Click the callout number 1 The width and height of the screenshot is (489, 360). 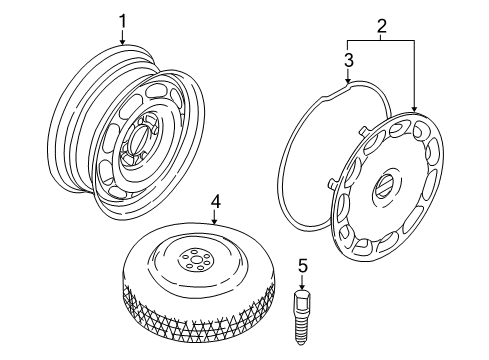[x=123, y=21]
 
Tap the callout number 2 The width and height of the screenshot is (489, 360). [x=382, y=26]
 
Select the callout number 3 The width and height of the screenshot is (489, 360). [x=348, y=60]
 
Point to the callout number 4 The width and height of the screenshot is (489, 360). [x=215, y=202]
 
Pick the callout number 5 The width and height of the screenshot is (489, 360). [x=302, y=266]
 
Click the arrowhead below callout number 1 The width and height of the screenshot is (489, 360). [x=122, y=42]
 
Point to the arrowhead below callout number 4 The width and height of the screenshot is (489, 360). [x=215, y=221]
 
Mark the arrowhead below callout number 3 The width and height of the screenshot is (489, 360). [x=348, y=80]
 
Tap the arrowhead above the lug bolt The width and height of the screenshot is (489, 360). [x=302, y=287]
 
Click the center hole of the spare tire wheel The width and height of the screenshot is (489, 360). [x=195, y=260]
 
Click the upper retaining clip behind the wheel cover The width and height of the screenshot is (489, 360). [x=366, y=130]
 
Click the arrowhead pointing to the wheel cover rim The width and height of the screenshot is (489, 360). [x=414, y=109]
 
